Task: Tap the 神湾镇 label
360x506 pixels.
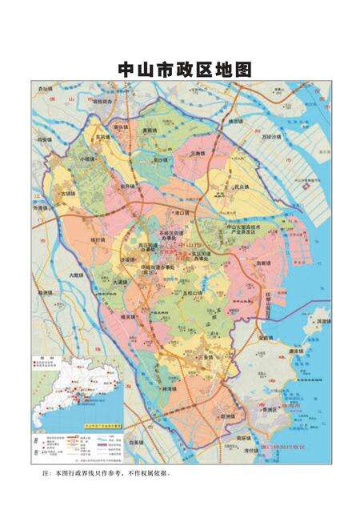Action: [x=170, y=389]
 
